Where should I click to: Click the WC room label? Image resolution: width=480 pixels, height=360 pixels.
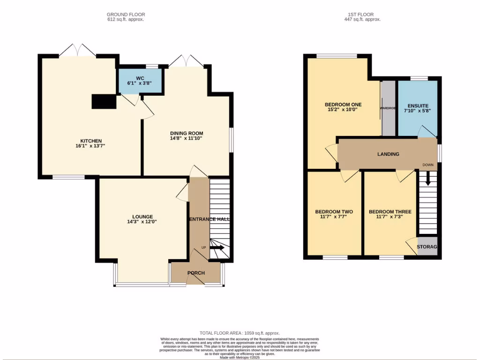tap(140, 77)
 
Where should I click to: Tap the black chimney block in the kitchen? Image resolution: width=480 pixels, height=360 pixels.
tap(104, 102)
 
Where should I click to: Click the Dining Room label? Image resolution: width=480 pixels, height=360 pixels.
tap(186, 133)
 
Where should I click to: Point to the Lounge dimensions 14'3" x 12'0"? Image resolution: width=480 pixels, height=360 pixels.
tap(142, 222)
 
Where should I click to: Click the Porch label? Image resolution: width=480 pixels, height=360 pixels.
tap(196, 273)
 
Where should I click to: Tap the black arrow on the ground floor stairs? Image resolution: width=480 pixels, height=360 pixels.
tap(217, 248)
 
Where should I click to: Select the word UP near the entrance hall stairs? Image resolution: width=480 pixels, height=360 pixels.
tap(203, 247)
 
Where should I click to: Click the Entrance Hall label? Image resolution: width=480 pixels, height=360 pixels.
tap(209, 219)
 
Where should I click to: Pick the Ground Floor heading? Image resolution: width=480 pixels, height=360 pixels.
tap(125, 15)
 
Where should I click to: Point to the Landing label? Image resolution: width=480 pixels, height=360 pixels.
tap(388, 154)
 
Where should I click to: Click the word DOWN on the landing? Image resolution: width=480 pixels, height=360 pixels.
tap(427, 165)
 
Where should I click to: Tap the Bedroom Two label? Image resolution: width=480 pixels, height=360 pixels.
tap(334, 211)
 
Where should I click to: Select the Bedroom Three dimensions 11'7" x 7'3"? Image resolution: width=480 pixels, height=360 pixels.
tap(390, 217)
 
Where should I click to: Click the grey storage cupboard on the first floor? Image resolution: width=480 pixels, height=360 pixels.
tap(427, 247)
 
